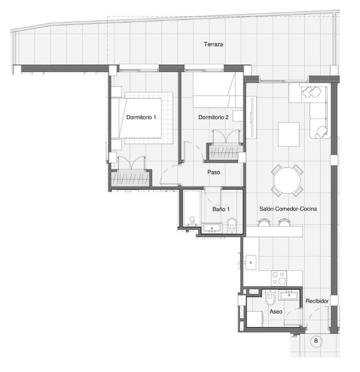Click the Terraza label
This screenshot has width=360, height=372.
point(213,44)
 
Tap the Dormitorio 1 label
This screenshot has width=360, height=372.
point(141,117)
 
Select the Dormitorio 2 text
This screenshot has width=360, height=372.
point(213,117)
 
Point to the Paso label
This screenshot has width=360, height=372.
point(214,172)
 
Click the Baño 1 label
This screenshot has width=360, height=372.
point(220,209)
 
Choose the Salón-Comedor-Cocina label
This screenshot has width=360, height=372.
point(288,209)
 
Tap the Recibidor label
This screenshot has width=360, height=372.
point(317,301)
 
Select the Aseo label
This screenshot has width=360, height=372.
point(276,311)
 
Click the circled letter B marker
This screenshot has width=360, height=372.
point(316,341)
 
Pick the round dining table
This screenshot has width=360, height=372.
point(287,180)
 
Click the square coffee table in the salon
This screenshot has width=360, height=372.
point(289,134)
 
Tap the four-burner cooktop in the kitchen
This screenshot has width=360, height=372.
point(279,278)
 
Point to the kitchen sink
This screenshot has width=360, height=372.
point(251,263)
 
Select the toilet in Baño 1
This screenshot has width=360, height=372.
point(232,225)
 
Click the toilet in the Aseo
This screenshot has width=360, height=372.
point(270,297)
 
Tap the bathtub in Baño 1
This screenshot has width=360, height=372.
point(192,208)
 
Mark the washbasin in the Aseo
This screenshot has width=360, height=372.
point(289,295)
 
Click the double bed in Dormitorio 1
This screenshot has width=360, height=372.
point(140,118)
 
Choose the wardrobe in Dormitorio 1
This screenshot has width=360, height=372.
point(130,178)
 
